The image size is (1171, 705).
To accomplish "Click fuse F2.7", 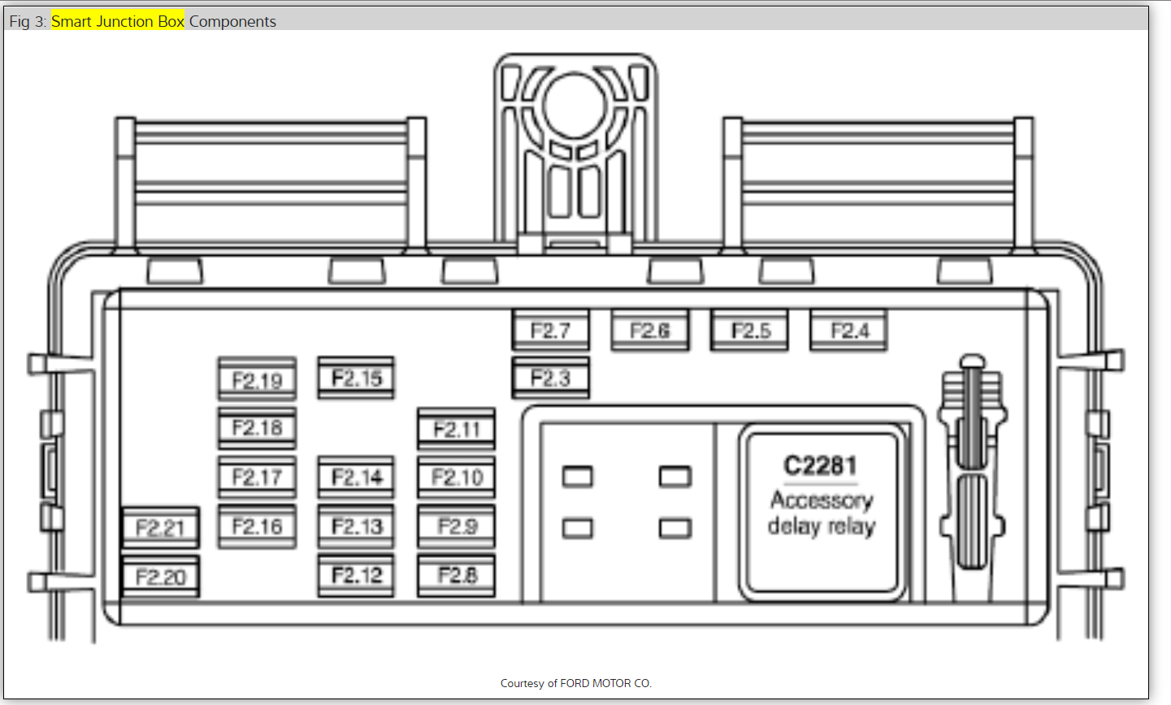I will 550,331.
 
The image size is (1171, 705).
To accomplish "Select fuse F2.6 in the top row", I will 650,331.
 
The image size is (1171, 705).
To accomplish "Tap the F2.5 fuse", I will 749,331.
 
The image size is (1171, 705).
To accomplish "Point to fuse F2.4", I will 849,331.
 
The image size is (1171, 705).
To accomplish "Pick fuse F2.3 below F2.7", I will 550,378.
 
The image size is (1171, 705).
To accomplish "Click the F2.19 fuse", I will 257,380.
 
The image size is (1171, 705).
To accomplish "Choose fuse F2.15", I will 356,378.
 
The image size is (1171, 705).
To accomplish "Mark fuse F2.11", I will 456,429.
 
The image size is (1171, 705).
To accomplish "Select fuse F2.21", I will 160,529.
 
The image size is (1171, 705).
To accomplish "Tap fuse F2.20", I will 160,577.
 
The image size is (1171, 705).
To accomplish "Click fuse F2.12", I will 356,576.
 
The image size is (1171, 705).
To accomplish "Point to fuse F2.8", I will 456,576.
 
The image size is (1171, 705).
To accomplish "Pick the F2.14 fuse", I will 356,478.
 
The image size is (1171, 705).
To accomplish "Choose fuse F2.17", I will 257,478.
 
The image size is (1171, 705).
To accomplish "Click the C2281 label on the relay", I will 820,465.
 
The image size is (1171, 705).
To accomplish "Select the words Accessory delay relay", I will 822,513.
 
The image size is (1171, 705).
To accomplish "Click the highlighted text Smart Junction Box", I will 118,21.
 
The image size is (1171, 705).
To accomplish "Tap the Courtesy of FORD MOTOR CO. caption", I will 576,683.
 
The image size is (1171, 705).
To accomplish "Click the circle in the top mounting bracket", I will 575,106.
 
